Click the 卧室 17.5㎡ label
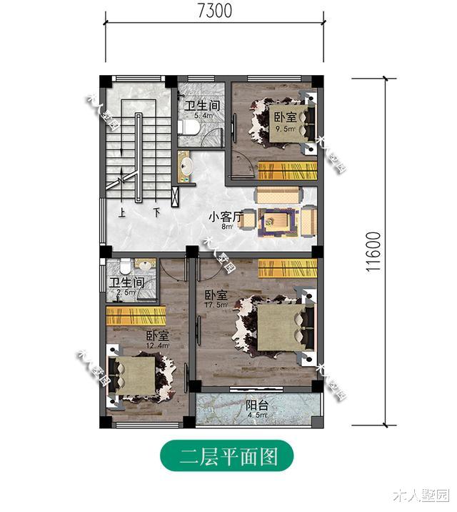(216, 299)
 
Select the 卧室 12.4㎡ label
(157, 340)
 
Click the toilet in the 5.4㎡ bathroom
(190, 128)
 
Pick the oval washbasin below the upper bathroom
(187, 167)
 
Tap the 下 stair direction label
(156, 212)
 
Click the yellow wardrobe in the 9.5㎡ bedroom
(286, 171)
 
